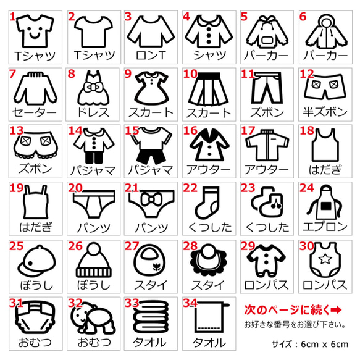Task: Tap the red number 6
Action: [303, 17]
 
